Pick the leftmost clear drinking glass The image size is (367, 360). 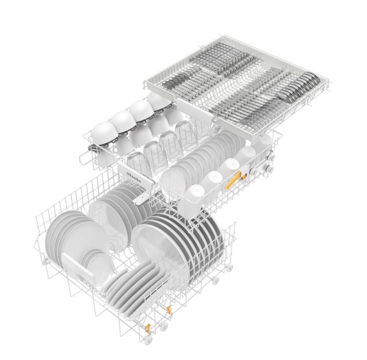137,161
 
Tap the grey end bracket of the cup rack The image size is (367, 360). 95,152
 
